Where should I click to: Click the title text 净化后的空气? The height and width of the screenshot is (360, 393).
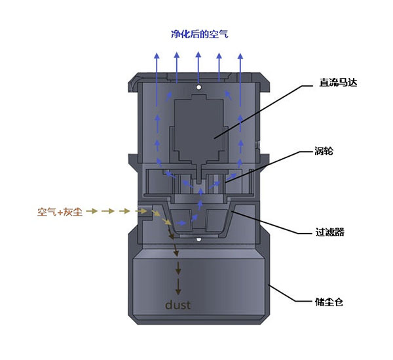tap(200, 34)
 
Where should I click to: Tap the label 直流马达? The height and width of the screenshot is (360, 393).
tap(338, 83)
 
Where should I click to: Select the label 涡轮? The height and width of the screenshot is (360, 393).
tap(324, 151)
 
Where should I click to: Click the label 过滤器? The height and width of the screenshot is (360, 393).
tap(329, 232)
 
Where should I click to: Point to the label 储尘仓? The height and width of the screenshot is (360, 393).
tap(329, 302)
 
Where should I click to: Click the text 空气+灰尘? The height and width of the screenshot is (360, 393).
tap(60, 212)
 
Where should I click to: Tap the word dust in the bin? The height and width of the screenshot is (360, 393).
tap(178, 305)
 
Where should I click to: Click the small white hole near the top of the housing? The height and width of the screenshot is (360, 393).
tap(198, 87)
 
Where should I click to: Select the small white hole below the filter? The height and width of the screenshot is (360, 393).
tap(198, 239)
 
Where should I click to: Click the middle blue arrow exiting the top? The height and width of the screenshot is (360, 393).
tap(198, 68)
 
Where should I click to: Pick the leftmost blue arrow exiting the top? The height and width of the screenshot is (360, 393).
tap(157, 79)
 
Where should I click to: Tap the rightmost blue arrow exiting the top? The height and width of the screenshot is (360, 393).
tap(240, 79)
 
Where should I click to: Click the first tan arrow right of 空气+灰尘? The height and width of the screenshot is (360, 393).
tap(92, 211)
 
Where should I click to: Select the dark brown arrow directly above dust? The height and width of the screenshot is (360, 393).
tap(178, 287)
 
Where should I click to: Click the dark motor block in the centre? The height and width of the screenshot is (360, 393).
tap(198, 128)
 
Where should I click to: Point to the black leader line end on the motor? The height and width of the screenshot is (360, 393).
tap(214, 138)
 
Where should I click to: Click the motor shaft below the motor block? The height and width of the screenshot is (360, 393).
tap(198, 174)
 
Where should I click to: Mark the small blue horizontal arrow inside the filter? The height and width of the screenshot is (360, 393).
tap(181, 223)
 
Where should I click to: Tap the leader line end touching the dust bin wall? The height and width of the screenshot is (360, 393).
tap(269, 285)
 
